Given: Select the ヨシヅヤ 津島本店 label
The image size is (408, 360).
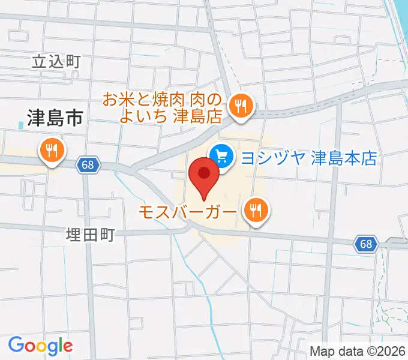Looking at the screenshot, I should click(x=308, y=158).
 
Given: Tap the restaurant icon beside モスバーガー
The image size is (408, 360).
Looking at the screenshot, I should click(x=256, y=211).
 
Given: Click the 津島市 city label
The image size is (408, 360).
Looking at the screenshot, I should click(x=54, y=118).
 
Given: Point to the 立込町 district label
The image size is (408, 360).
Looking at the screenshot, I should click(x=55, y=61).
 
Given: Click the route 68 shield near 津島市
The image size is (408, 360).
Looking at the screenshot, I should click(x=88, y=165).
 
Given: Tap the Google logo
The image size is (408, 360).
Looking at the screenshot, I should click(x=40, y=346).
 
